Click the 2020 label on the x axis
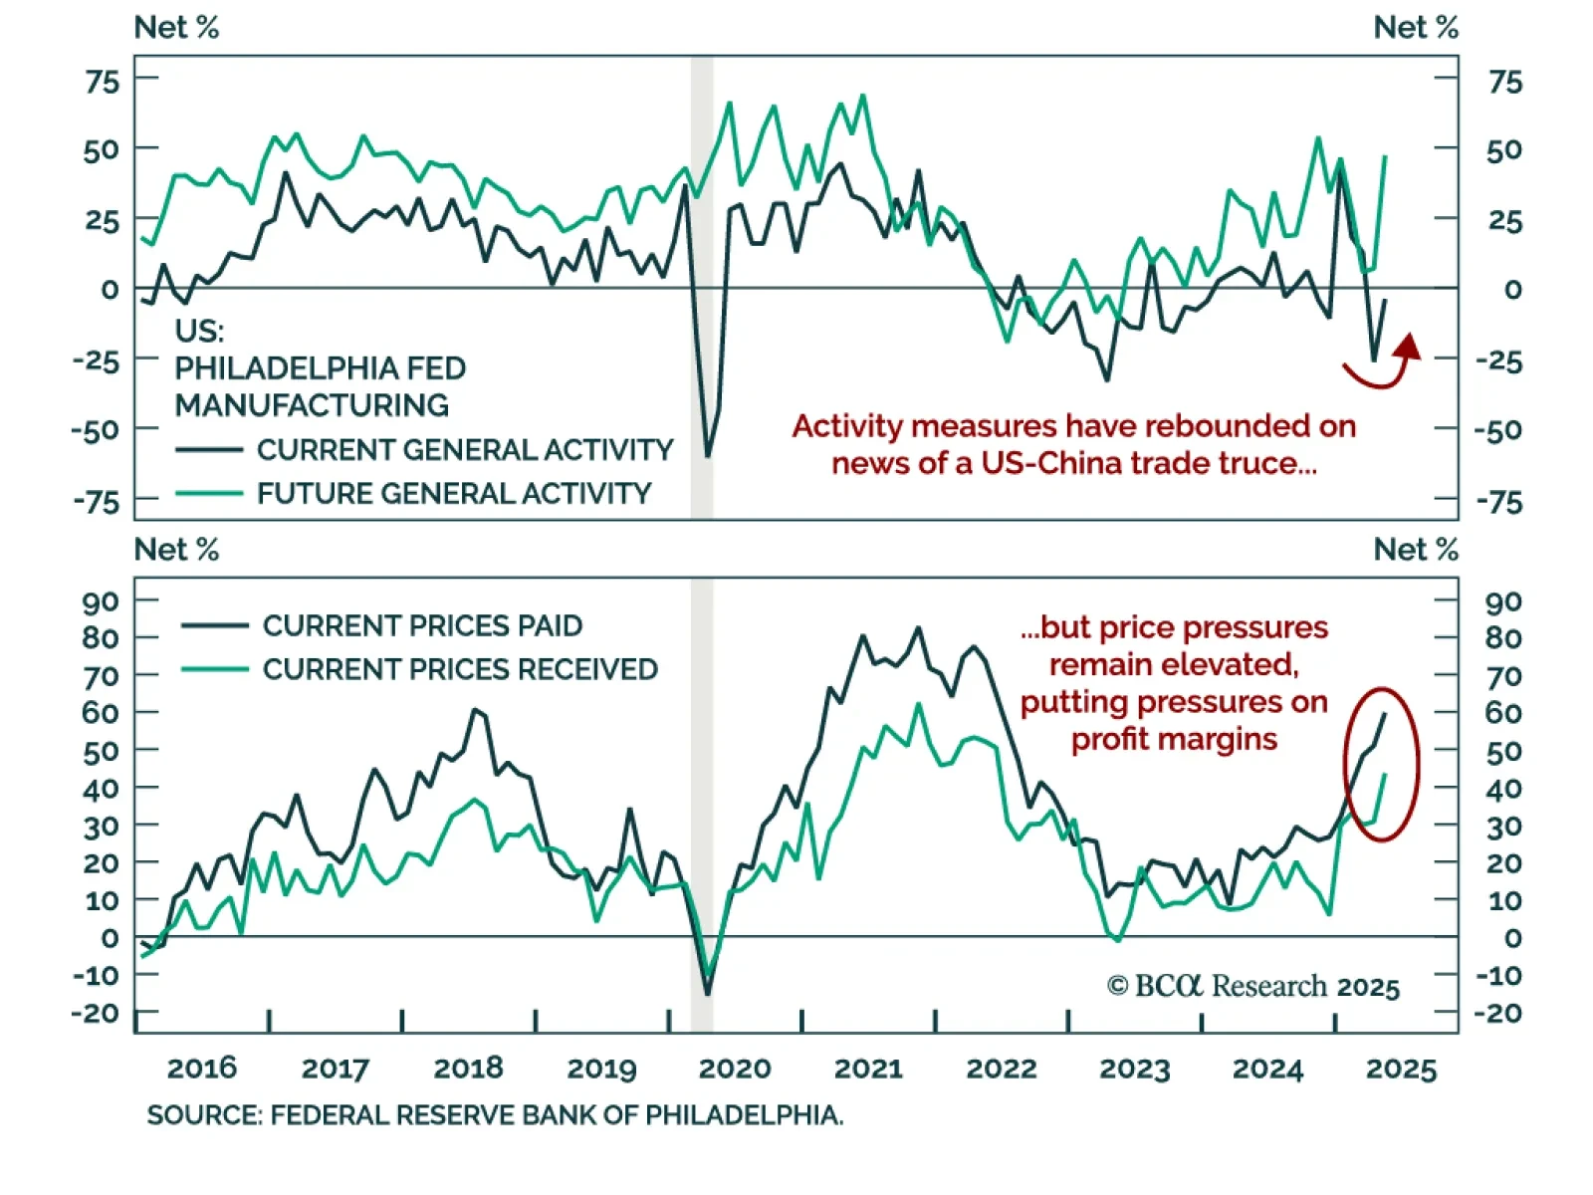pos(735,1069)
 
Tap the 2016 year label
pos(202,1069)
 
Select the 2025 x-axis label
pos(1401,1069)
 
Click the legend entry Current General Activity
pos(464,450)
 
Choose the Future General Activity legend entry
pos(453,494)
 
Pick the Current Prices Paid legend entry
pos(422,625)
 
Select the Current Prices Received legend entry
pos(460,669)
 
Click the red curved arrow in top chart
pos(1384,364)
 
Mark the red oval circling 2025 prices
pos(1381,764)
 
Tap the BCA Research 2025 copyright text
pos(1252,986)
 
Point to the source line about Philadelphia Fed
pos(495,1115)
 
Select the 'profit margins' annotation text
pos(1174,739)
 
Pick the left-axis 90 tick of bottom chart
pos(101,601)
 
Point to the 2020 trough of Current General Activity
pos(708,456)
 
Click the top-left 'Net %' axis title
pos(176,28)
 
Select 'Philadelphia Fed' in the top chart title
pos(320,368)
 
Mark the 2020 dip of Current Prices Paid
pos(708,992)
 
